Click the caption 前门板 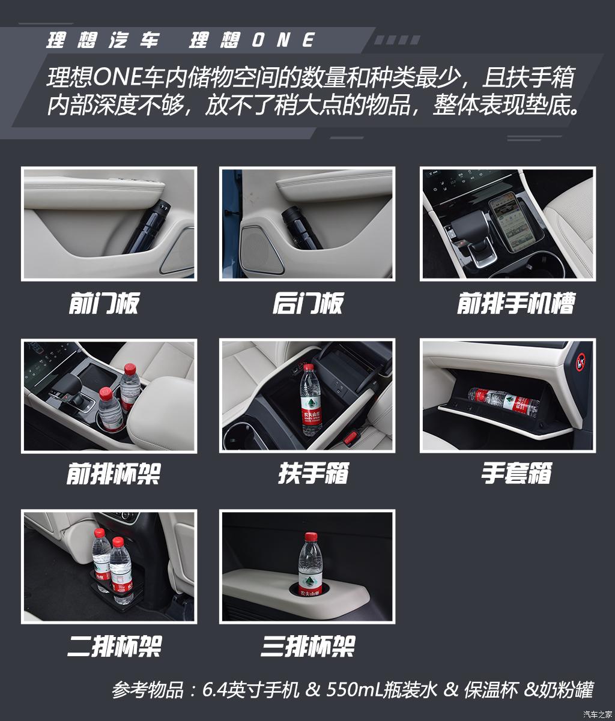tap(103, 303)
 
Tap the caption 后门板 tap(307, 303)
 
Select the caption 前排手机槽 tap(515, 303)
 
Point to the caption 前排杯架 tap(113, 474)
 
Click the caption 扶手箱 tap(313, 474)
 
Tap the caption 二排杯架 tap(114, 647)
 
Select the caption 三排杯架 tap(307, 647)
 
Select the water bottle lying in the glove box tap(503, 401)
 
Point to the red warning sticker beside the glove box tap(581, 362)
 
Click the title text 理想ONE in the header tap(252, 40)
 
